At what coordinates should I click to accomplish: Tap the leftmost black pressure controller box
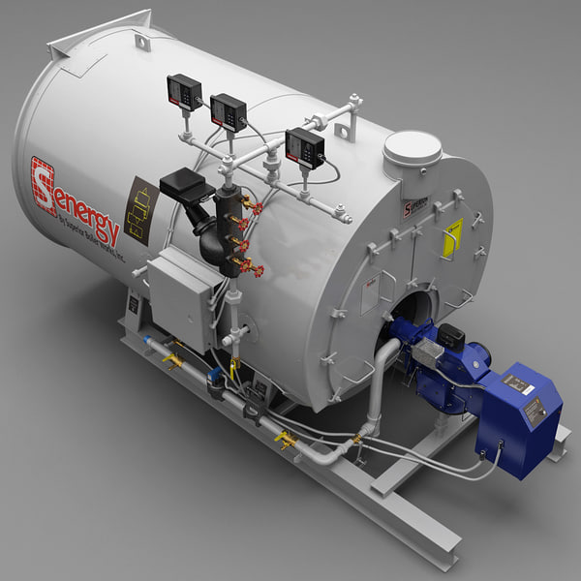pyautogui.click(x=184, y=92)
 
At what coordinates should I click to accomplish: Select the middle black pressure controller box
pyautogui.click(x=229, y=112)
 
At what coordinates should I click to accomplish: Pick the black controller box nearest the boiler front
pyautogui.click(x=304, y=147)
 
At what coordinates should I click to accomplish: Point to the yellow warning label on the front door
pyautogui.click(x=452, y=237)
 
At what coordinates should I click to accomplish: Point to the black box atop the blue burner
pyautogui.click(x=450, y=336)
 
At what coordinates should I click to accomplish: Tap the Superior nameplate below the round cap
pyautogui.click(x=413, y=209)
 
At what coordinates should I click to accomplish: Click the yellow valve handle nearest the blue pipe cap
pyautogui.click(x=173, y=360)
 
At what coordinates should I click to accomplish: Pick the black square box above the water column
pyautogui.click(x=188, y=184)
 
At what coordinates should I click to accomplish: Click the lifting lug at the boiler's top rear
pyautogui.click(x=142, y=42)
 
